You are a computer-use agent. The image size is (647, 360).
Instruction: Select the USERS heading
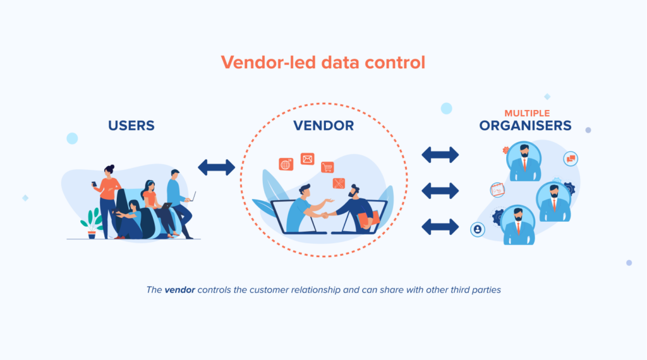131,125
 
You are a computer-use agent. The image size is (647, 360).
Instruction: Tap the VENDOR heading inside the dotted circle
323,125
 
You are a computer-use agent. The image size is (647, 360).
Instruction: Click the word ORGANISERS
525,125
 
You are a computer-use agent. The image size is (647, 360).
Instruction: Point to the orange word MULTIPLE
527,113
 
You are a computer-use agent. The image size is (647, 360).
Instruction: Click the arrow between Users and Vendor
217,167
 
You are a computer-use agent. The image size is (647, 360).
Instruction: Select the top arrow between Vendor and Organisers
440,155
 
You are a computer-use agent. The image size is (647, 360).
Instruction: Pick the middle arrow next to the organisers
440,191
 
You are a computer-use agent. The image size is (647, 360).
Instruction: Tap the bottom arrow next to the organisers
440,227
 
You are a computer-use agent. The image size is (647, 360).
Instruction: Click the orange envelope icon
308,159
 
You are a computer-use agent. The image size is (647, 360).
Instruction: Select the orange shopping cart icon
327,167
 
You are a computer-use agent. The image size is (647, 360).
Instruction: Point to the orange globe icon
286,164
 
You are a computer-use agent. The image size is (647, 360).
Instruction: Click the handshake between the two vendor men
325,215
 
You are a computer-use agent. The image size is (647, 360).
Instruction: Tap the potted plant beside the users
92,224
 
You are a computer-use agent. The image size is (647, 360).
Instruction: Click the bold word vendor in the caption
180,290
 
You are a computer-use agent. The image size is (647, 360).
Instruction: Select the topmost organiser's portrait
524,162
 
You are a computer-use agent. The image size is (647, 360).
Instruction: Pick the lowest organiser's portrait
518,225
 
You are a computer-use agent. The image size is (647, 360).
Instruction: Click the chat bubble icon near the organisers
571,159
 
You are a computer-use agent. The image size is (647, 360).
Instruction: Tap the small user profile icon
478,229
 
